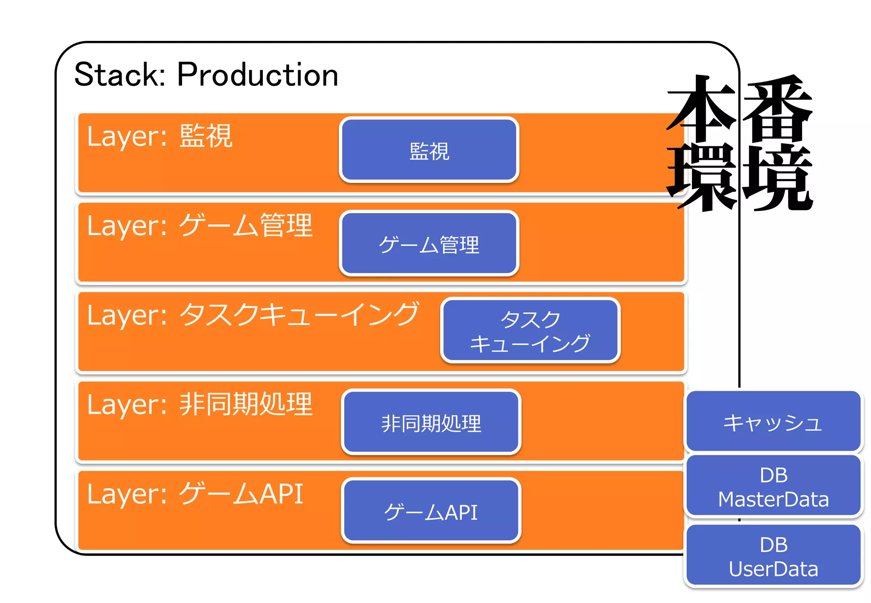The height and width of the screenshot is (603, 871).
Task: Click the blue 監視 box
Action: pos(429,150)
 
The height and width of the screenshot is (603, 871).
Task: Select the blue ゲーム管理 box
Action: pos(429,243)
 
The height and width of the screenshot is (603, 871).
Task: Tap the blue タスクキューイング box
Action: pos(530,330)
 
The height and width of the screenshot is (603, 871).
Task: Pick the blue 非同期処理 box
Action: pos(431,422)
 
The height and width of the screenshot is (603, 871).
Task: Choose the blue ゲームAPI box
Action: pos(431,511)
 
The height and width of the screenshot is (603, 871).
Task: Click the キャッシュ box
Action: pos(773,421)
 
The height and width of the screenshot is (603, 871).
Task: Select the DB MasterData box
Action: pos(773,486)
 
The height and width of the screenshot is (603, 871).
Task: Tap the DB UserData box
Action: pos(773,556)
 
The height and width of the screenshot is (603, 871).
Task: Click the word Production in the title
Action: pos(257,75)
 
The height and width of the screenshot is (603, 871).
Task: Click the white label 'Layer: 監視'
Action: pos(159,136)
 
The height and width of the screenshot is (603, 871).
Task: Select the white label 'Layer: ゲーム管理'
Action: pos(199,225)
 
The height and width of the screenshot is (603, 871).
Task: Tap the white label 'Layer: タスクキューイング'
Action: pos(253,315)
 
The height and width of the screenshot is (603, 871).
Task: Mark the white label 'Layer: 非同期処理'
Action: pos(199,404)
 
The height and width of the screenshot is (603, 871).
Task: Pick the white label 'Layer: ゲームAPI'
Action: pos(195,494)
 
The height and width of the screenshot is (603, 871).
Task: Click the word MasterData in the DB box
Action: pos(773,499)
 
